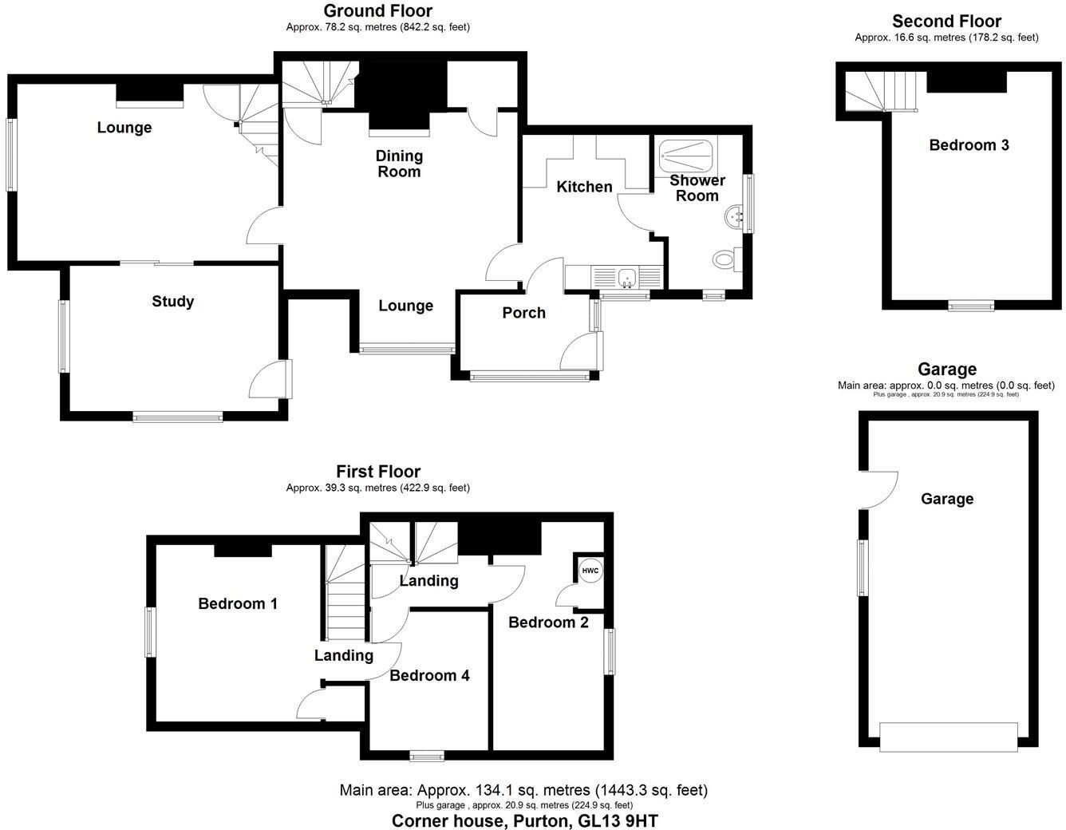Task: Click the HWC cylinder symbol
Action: tap(590, 571)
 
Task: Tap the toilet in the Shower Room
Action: tap(727, 259)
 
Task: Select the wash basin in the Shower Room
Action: tap(734, 216)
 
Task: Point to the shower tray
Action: tap(685, 156)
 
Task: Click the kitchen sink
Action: tap(627, 279)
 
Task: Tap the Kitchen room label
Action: tap(584, 187)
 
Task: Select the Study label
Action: tap(172, 301)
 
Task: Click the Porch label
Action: tap(523, 313)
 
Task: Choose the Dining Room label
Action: tap(399, 164)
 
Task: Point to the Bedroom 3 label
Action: tap(969, 144)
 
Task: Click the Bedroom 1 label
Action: tap(238, 603)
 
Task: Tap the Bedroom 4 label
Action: tap(429, 675)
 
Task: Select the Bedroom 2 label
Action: tap(548, 622)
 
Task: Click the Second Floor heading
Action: tap(946, 21)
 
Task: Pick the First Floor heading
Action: tap(378, 472)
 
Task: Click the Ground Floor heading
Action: tap(377, 11)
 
